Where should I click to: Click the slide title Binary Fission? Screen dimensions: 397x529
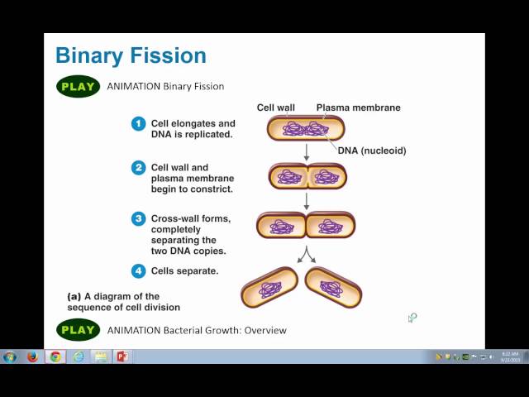131,56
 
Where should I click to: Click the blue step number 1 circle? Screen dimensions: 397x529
138,124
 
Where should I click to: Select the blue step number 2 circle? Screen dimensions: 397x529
138,168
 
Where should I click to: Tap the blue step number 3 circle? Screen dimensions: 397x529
138,219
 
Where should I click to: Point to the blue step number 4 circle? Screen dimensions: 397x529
138,270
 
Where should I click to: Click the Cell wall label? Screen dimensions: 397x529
275,108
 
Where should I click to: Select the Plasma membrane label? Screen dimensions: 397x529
358,108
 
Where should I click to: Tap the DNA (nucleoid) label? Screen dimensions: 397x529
371,151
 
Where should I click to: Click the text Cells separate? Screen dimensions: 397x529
184,270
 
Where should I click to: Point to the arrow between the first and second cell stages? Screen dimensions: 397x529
307,151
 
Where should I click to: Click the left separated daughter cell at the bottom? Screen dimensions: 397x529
269,288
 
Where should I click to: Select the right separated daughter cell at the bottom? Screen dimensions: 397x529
333,288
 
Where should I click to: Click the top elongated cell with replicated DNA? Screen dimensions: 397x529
305,128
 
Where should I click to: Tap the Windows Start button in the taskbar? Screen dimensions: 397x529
10,356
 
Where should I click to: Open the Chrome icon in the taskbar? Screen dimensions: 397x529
55,356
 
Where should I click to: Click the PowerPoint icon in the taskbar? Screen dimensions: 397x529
122,356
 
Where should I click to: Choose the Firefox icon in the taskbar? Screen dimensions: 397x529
32,356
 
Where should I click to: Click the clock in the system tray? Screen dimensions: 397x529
510,356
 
